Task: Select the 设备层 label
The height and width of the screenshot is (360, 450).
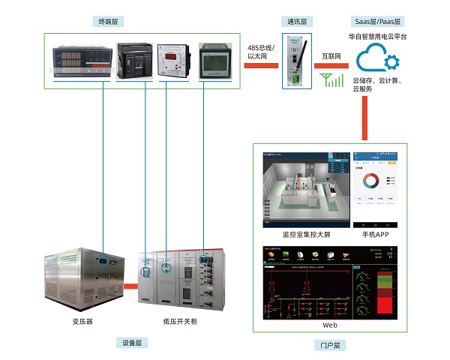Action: click(132, 343)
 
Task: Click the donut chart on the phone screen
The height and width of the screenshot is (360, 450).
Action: click(369, 181)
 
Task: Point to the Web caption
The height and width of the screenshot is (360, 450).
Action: click(330, 325)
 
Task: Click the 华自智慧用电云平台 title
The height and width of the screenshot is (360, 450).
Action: click(377, 36)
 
